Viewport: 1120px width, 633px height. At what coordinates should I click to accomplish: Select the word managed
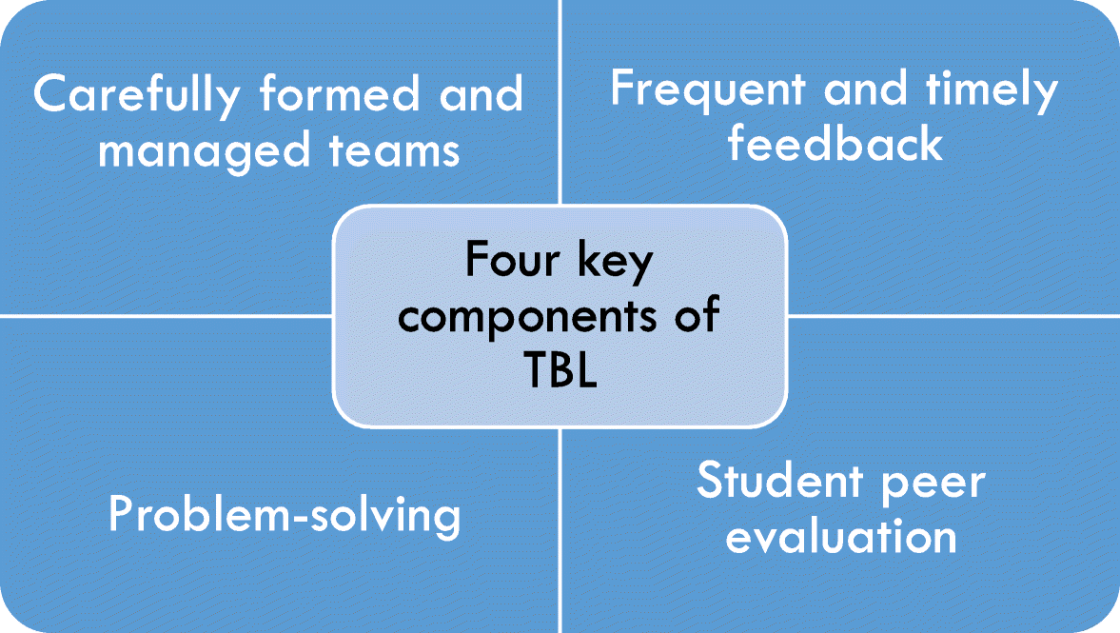204,151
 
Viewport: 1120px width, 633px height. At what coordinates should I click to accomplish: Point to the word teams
394,150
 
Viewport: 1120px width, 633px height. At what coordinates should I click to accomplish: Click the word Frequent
708,90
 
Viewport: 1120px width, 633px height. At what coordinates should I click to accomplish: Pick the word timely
992,90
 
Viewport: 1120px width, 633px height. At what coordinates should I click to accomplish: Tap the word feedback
835,142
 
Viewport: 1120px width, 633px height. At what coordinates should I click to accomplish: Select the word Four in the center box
512,259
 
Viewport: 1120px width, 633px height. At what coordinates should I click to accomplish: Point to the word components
527,317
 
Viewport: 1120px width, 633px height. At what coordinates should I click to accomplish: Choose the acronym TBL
560,368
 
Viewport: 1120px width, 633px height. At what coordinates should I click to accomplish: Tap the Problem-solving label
285,515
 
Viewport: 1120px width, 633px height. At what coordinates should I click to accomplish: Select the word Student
778,480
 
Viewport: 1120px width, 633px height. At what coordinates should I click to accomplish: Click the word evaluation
841,536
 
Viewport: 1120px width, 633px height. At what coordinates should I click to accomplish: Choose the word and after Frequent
865,89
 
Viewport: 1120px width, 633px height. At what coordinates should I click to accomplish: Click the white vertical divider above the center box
560,102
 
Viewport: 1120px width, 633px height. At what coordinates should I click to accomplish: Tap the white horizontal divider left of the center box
167,315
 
